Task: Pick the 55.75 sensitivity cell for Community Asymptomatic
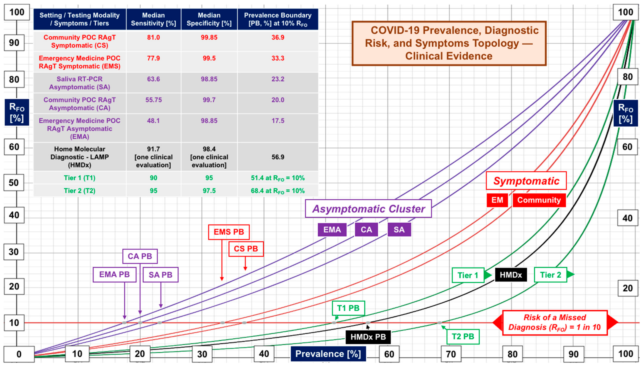153,100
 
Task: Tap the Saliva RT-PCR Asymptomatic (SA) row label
80,83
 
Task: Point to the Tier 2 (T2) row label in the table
80,191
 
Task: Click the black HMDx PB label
368,337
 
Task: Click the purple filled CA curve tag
366,229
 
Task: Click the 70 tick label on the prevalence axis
451,354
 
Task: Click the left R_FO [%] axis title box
17,112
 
